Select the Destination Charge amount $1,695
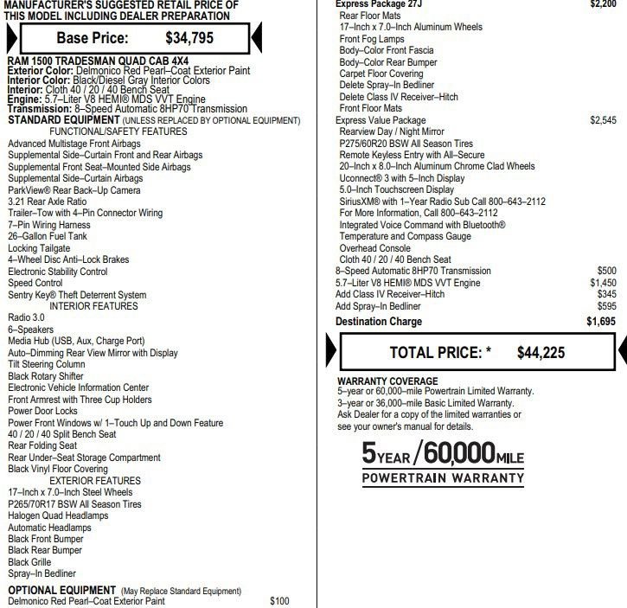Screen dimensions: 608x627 [601, 322]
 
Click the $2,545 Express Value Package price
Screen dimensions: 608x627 [603, 120]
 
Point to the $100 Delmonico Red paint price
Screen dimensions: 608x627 [279, 600]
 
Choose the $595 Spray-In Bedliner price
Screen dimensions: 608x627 [606, 305]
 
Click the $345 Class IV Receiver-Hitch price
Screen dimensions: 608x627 [606, 294]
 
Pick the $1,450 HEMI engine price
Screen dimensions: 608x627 [603, 283]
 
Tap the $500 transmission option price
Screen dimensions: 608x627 [606, 271]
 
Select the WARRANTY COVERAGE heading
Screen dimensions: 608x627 [387, 381]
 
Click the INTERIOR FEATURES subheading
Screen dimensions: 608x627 [93, 306]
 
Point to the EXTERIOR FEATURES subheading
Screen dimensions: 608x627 [94, 480]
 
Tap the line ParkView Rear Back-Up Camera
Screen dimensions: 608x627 [74, 190]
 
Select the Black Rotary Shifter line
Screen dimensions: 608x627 [46, 376]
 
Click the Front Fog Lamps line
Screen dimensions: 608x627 [373, 39]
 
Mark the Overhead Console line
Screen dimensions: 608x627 [374, 247]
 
